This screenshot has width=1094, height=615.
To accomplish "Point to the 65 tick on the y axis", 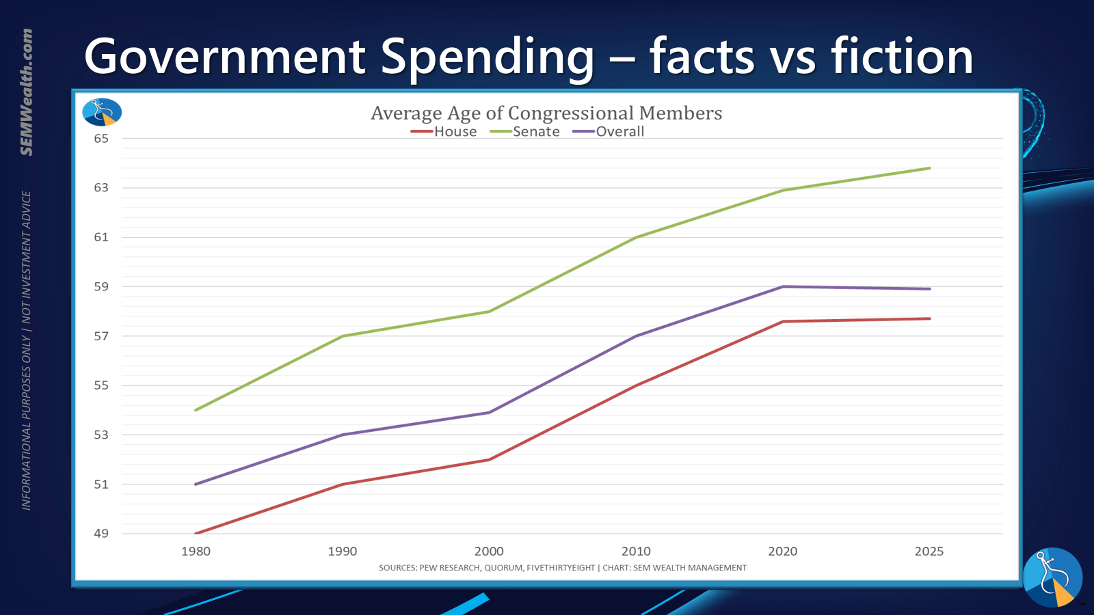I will click(101, 139).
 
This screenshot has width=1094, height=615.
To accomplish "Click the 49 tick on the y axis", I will click(101, 534).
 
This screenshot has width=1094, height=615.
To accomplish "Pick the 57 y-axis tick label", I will click(101, 336).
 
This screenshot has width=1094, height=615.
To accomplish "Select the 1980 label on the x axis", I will click(196, 551).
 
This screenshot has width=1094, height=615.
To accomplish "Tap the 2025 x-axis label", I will click(929, 551).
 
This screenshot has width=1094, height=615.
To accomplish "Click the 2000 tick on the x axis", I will click(489, 551).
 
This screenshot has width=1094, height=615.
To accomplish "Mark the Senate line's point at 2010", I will click(636, 237).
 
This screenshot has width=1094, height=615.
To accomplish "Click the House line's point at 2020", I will click(783, 321).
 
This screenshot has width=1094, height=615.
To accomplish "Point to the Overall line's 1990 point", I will click(343, 435).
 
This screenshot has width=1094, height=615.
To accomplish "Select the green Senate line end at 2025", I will click(929, 168).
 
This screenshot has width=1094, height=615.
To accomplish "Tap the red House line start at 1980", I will click(196, 533).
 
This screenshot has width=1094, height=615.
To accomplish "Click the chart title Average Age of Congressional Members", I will click(546, 113).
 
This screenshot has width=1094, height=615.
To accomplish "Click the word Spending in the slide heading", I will click(487, 57).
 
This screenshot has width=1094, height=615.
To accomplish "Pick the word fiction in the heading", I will click(902, 57).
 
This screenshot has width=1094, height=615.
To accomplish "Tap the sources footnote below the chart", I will click(562, 568).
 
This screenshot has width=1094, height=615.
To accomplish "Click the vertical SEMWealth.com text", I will click(27, 92).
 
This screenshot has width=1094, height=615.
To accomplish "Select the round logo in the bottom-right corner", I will click(1052, 577).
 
